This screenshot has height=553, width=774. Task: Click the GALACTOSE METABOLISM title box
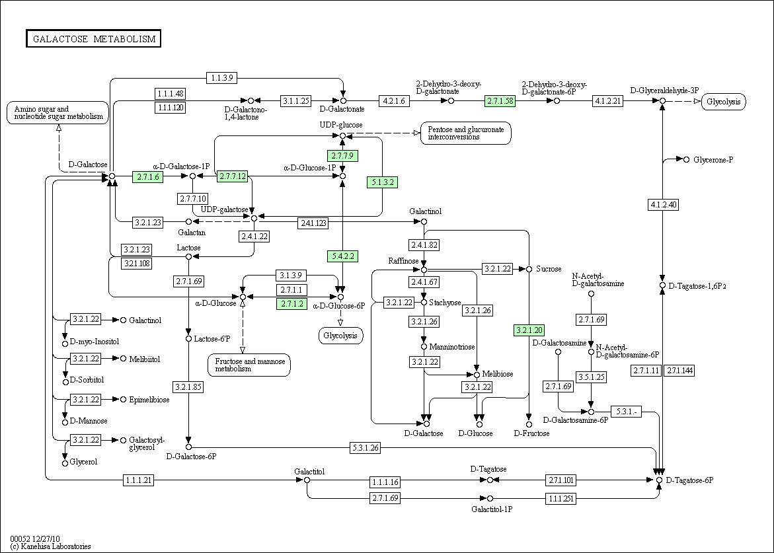(x=94, y=39)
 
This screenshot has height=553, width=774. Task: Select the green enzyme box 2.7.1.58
(x=500, y=101)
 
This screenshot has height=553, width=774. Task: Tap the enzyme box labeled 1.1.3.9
(x=222, y=77)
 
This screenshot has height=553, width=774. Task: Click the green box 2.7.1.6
(x=147, y=176)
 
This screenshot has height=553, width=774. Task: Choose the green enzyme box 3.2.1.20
(x=529, y=330)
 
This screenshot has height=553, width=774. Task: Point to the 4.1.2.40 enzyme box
(x=664, y=204)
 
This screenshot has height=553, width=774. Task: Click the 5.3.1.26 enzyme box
(x=366, y=448)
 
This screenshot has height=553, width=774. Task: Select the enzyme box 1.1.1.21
(x=139, y=480)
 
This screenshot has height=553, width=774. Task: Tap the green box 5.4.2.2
(x=342, y=256)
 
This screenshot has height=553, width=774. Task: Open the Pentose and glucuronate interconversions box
(x=465, y=133)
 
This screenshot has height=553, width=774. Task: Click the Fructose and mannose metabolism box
(x=249, y=365)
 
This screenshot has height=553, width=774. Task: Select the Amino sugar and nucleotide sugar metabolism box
(x=58, y=112)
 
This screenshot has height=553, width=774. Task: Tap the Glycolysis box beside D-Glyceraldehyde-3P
(x=723, y=102)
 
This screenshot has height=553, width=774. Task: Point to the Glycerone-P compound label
(x=713, y=160)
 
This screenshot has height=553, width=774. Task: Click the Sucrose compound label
(x=549, y=269)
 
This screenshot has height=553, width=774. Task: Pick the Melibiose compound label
(x=498, y=374)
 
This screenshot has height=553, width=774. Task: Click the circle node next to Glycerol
(x=65, y=463)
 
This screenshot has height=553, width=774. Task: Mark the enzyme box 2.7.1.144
(x=679, y=371)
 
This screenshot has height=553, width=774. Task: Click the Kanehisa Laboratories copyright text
(x=50, y=546)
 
